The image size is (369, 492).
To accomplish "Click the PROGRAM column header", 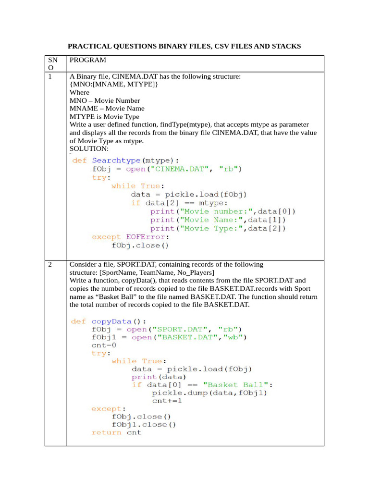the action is (x=88, y=60).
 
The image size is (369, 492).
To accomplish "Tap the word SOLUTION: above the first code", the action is (x=89, y=149).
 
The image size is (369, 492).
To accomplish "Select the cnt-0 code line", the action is (x=104, y=345).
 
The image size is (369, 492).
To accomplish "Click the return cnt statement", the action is (x=117, y=432).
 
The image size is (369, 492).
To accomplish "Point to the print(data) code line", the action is (x=159, y=377).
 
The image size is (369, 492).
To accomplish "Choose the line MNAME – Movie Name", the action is (x=105, y=108).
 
